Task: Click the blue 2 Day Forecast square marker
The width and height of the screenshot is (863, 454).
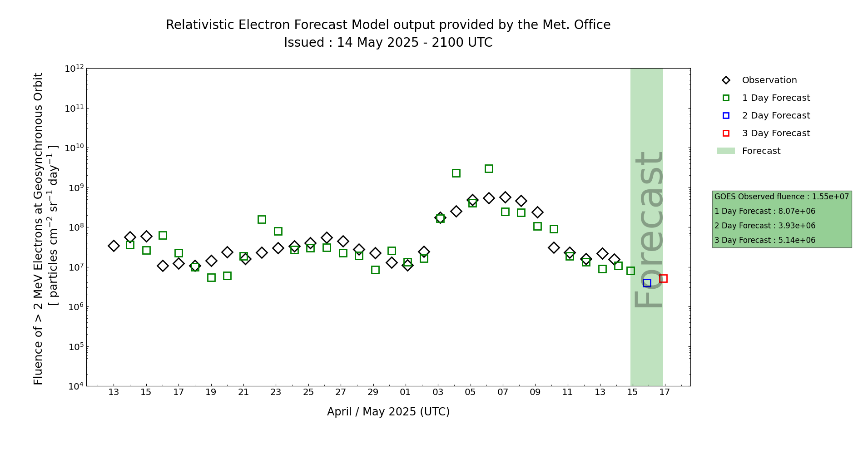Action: click(647, 283)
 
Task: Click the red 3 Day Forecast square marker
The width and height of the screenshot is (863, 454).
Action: click(663, 278)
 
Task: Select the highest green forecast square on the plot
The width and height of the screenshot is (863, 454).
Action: click(489, 168)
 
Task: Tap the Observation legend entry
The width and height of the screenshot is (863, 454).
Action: click(769, 80)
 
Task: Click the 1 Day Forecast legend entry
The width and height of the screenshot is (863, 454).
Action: click(775, 98)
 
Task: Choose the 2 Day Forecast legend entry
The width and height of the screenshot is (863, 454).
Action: click(775, 116)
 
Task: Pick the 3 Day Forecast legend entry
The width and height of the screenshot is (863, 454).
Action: click(775, 133)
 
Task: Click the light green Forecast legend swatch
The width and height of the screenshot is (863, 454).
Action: click(725, 151)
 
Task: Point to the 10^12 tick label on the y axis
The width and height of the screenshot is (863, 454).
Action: click(74, 69)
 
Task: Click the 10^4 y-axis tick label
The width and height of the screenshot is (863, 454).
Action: click(74, 386)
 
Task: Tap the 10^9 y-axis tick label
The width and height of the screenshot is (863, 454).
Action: click(74, 188)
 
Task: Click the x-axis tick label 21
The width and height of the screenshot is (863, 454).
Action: click(243, 392)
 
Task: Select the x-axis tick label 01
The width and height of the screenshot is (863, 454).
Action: click(406, 392)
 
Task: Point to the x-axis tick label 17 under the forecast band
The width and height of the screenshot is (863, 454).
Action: click(665, 392)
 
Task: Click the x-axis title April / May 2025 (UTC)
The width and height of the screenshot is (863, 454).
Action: click(388, 412)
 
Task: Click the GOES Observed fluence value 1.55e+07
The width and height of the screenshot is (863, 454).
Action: click(830, 197)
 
